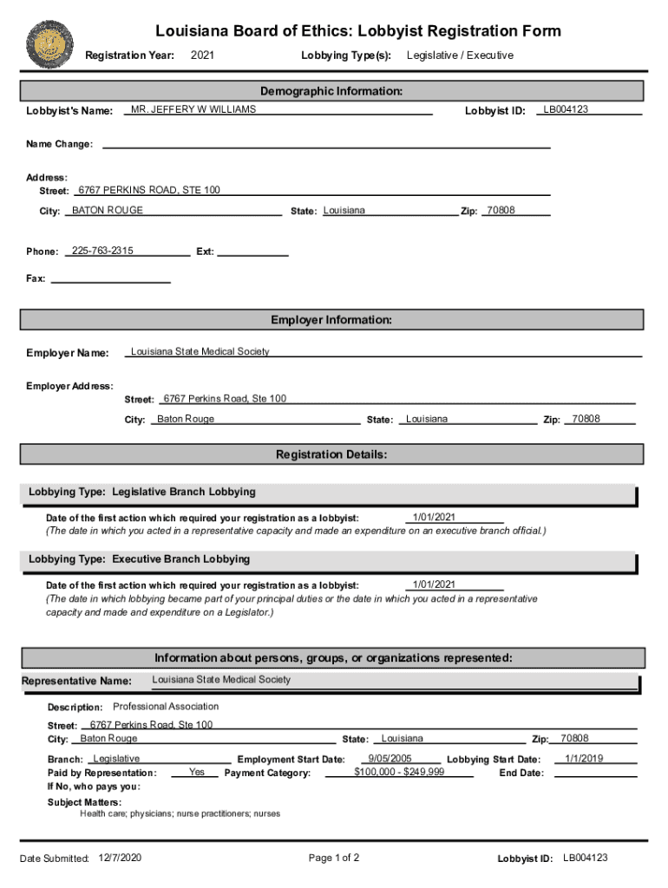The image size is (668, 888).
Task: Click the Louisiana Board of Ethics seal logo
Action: pyautogui.click(x=51, y=43)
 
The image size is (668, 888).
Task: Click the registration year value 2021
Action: pyautogui.click(x=202, y=55)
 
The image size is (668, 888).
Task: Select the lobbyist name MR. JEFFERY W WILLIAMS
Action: pyautogui.click(x=193, y=110)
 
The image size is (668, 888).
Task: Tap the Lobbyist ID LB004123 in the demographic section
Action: pyautogui.click(x=566, y=110)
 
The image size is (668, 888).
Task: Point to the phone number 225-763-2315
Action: pyautogui.click(x=102, y=251)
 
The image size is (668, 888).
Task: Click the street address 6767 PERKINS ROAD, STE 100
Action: pyautogui.click(x=149, y=190)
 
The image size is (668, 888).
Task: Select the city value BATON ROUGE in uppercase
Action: pyautogui.click(x=108, y=211)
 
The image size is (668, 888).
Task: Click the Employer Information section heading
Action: pyautogui.click(x=331, y=320)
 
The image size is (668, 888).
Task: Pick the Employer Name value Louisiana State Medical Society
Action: pyautogui.click(x=200, y=351)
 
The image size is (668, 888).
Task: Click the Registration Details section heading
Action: pyautogui.click(x=331, y=454)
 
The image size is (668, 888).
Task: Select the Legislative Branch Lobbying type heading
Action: pyautogui.click(x=142, y=492)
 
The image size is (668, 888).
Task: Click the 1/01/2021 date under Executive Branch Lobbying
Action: pyautogui.click(x=434, y=584)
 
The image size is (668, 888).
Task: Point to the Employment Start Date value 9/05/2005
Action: pyautogui.click(x=390, y=759)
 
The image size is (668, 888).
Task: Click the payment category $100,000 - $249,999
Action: pyautogui.click(x=399, y=772)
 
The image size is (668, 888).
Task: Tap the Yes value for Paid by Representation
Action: pyautogui.click(x=197, y=772)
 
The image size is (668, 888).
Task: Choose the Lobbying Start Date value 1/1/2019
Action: pyautogui.click(x=584, y=759)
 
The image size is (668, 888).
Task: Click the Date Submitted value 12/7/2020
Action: pyautogui.click(x=121, y=858)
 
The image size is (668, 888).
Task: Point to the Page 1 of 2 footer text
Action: pyautogui.click(x=334, y=858)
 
